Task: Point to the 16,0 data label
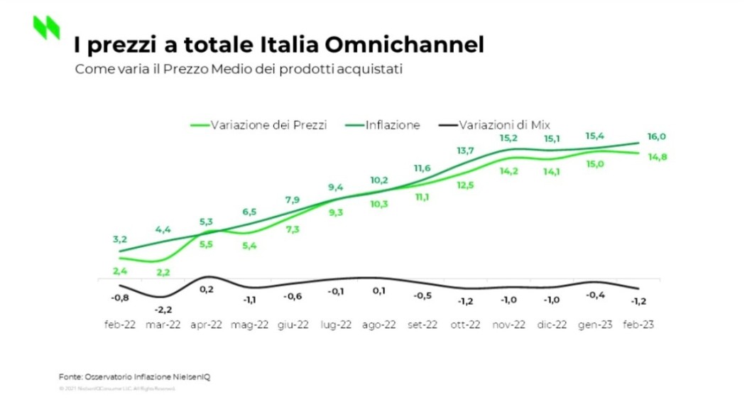(636, 136)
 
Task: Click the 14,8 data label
(636, 157)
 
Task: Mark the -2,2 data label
(163, 309)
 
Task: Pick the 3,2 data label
(120, 239)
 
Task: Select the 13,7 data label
(466, 151)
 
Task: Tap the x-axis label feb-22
(121, 325)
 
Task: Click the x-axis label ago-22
(379, 325)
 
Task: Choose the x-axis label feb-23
(638, 325)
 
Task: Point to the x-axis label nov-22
(508, 325)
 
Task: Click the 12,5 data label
(466, 185)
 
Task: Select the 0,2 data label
(207, 289)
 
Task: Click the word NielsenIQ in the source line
(192, 376)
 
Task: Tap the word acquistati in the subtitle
(373, 70)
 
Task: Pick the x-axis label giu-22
(293, 325)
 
